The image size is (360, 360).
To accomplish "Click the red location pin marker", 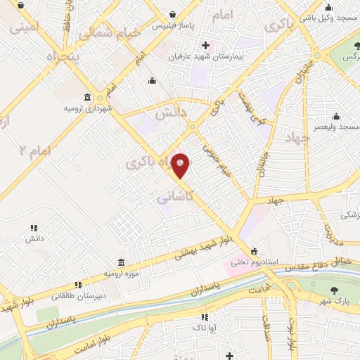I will point(181,165).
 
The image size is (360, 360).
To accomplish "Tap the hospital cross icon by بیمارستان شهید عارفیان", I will point(205,45).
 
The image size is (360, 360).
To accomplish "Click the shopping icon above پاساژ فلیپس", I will point(172,13).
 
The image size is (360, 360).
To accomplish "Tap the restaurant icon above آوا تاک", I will point(205,317).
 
